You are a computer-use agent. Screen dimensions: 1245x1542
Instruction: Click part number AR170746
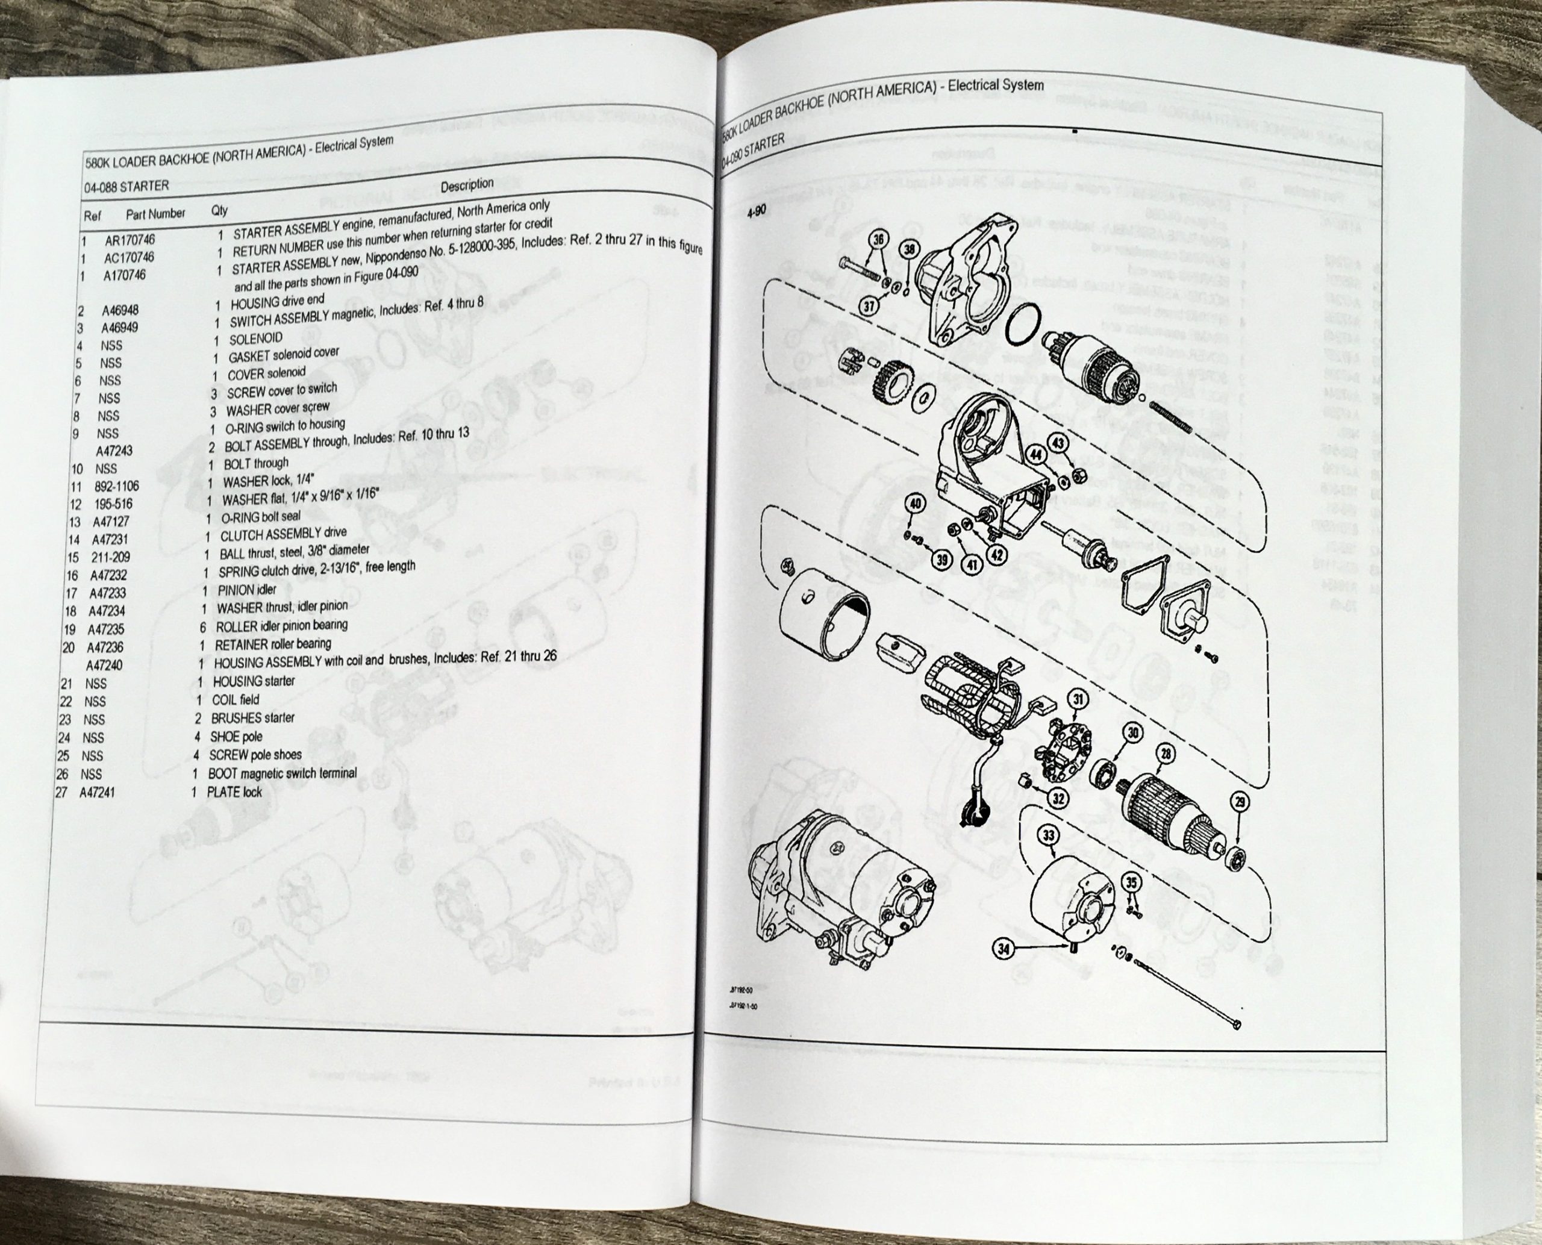coord(129,240)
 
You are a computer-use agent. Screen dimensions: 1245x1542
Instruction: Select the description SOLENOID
coord(255,339)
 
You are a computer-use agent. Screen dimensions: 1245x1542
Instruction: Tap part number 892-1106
coord(116,486)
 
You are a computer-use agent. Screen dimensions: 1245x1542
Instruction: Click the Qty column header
coord(219,210)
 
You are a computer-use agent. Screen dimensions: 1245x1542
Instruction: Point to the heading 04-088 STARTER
coord(127,187)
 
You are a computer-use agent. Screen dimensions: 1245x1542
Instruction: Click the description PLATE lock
coord(234,791)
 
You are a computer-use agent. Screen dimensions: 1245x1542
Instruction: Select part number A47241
coord(97,793)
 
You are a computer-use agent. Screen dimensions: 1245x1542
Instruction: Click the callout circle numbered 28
coord(1166,753)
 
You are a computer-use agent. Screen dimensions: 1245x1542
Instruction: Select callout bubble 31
coord(1078,699)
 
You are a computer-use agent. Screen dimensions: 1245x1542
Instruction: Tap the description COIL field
coord(236,699)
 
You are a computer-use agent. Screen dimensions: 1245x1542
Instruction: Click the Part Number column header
coord(155,214)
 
